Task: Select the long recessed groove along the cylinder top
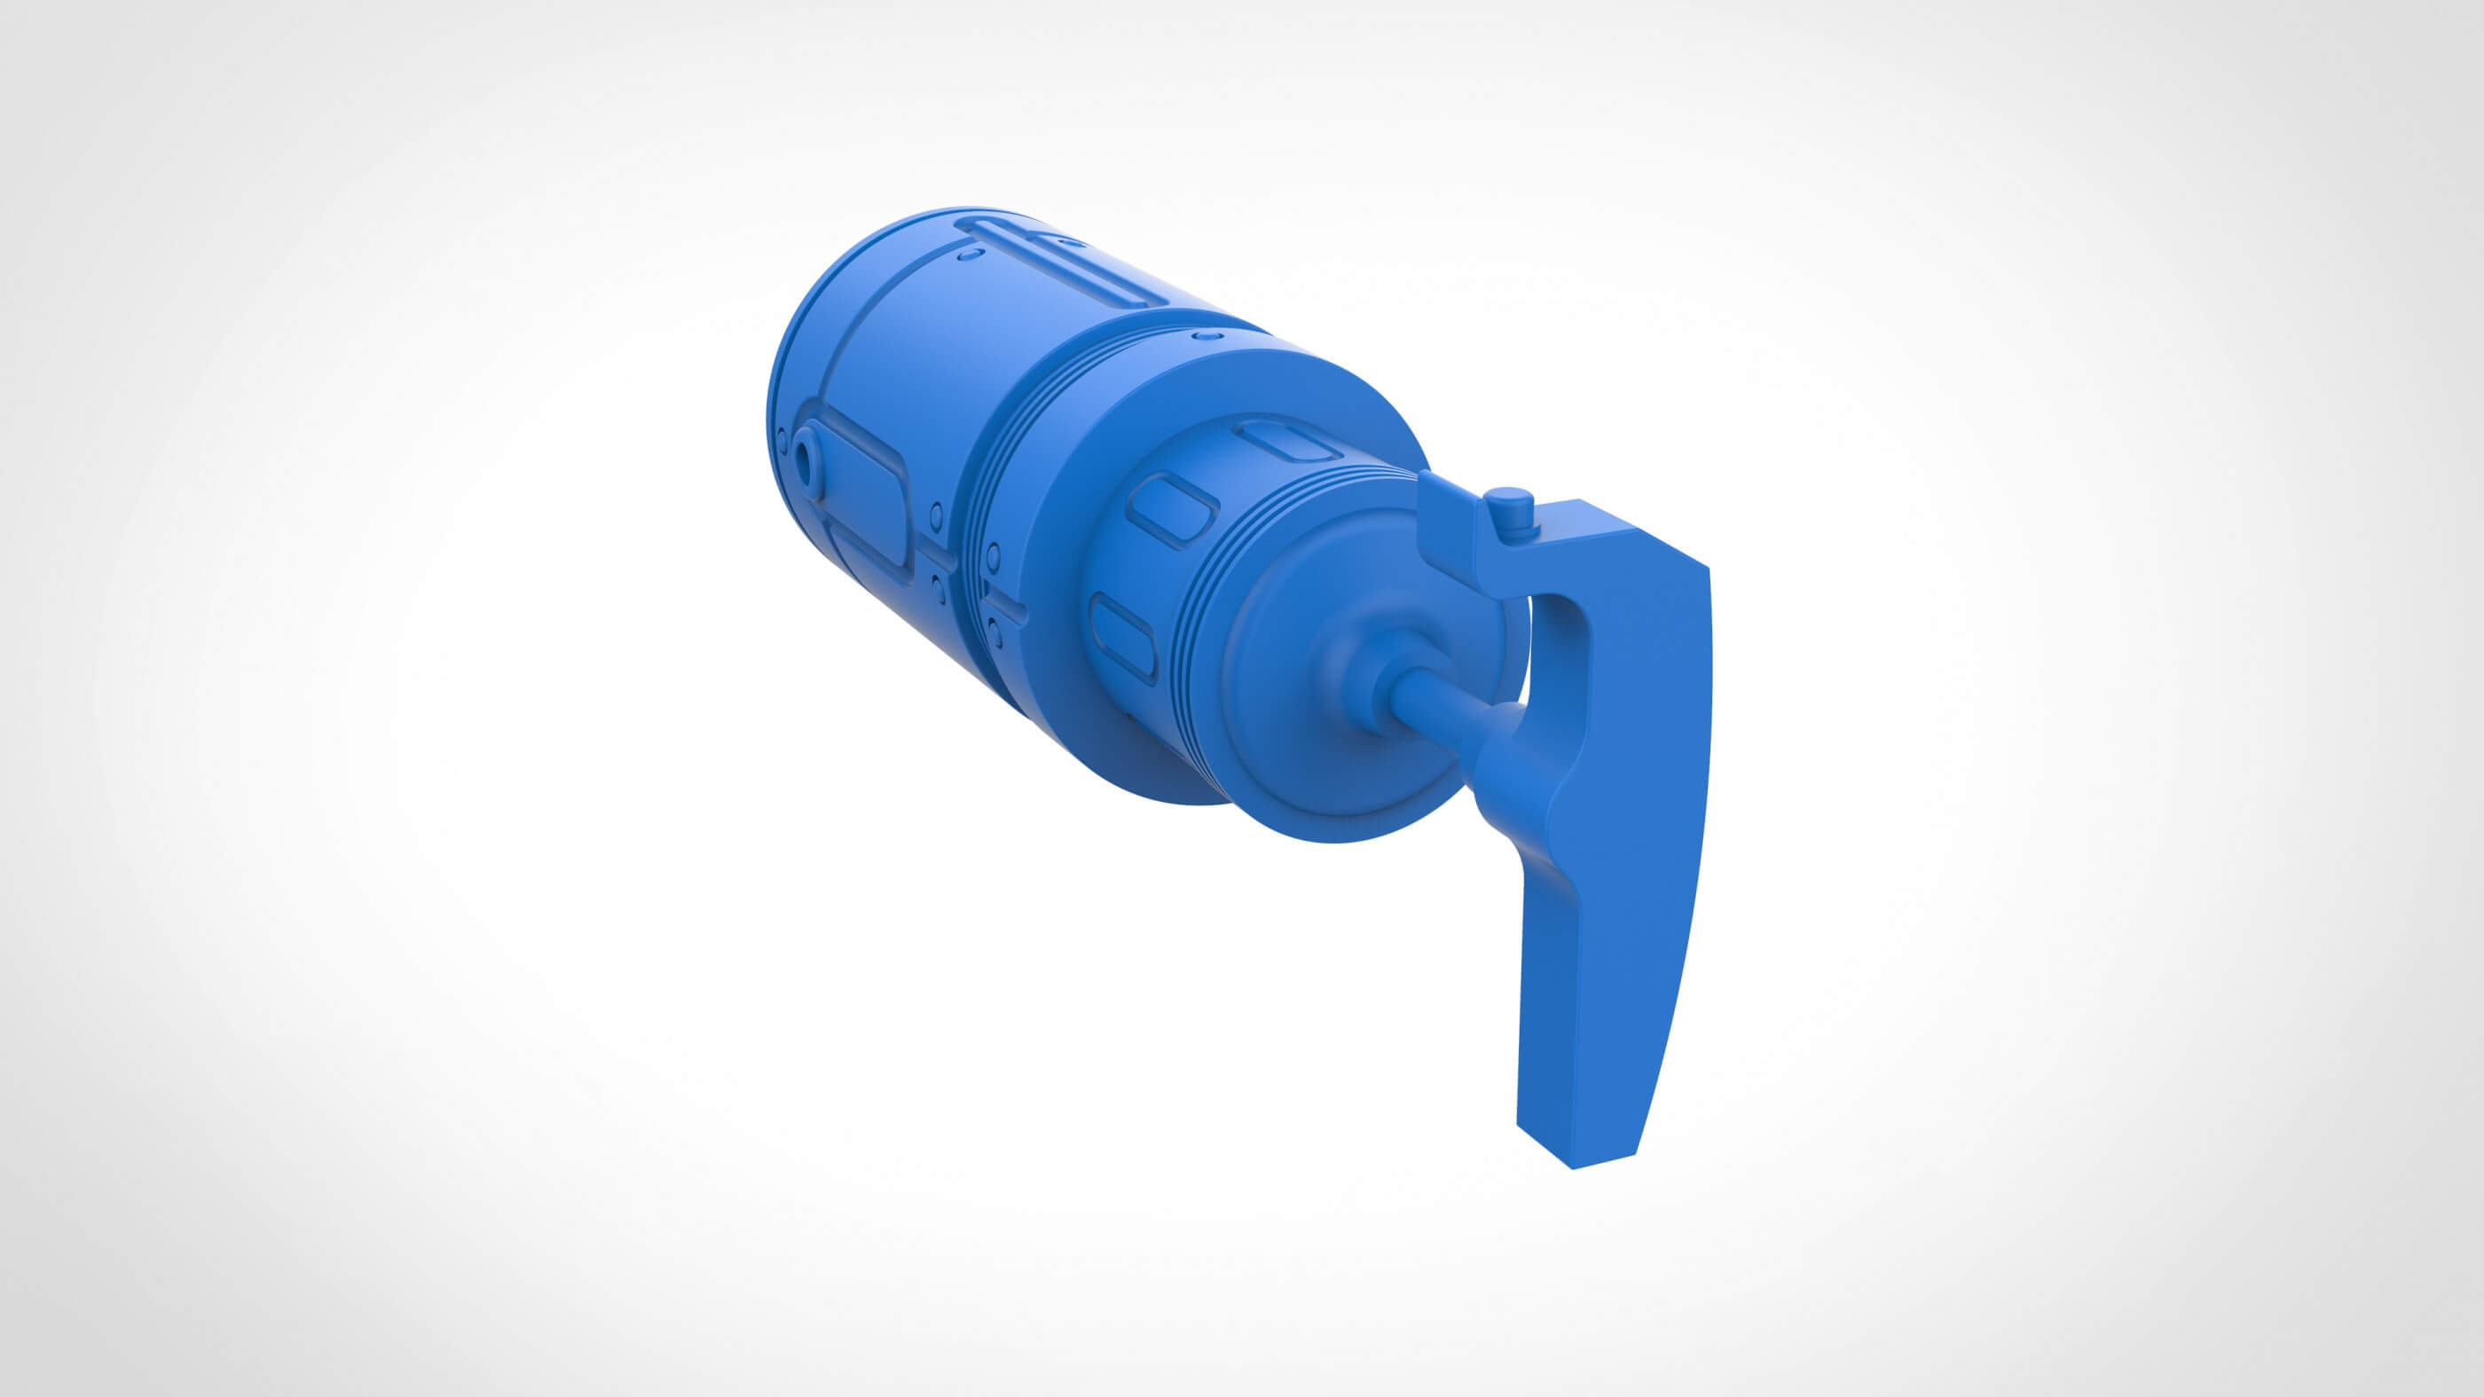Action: [x=1061, y=263]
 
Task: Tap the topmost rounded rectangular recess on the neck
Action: [x=1288, y=442]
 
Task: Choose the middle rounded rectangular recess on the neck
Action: [x=1173, y=508]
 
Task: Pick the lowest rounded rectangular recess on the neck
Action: [x=1122, y=636]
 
